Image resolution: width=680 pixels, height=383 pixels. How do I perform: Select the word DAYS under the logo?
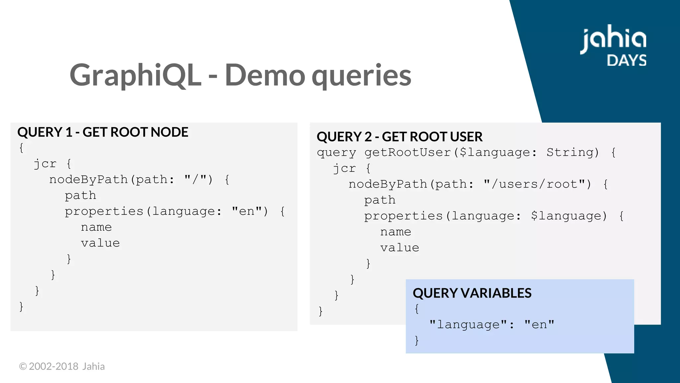click(x=627, y=61)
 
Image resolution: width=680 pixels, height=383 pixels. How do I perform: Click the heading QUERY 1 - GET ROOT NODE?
click(x=103, y=132)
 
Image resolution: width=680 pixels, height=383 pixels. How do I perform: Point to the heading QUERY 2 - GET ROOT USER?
click(x=399, y=137)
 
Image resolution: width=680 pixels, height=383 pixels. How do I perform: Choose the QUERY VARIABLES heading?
click(x=472, y=293)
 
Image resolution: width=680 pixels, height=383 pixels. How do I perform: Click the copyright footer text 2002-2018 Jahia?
click(x=62, y=366)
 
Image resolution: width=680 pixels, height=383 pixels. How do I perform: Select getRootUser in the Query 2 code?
click(x=408, y=152)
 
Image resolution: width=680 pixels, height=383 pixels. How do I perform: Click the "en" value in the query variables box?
click(x=539, y=324)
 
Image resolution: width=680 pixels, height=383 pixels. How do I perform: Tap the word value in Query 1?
click(x=100, y=243)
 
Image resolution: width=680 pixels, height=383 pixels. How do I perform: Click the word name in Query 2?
click(x=395, y=232)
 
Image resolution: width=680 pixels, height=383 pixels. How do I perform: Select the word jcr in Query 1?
click(x=45, y=164)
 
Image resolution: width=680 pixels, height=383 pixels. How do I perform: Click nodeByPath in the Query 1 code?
click(x=88, y=180)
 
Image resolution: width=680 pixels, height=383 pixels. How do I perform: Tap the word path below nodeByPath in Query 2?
click(x=380, y=200)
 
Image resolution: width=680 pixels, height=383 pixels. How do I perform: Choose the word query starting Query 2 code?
click(x=336, y=152)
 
